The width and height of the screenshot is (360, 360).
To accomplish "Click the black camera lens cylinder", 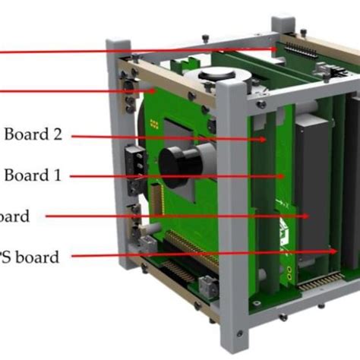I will [179, 159].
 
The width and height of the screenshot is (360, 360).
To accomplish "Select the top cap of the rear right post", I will [283, 22].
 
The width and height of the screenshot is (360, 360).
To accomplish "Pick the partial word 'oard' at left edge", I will [15, 216].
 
